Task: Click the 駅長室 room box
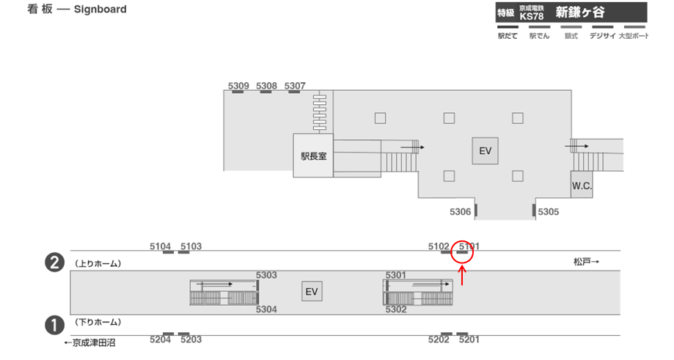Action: point(313,155)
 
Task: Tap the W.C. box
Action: point(582,185)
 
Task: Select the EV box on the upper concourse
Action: point(484,151)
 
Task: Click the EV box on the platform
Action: point(312,292)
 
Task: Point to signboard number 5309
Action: point(238,86)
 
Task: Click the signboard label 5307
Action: point(295,86)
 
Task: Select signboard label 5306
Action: point(460,212)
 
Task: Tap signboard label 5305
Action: point(549,212)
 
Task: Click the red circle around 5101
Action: point(463,251)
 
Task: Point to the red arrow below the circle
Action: point(463,276)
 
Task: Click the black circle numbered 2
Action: point(53,262)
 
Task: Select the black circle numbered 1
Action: point(53,323)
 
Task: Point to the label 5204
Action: point(160,339)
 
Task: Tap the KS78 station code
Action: point(530,16)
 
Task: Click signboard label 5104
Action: point(160,246)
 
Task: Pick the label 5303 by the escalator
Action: point(266,275)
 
